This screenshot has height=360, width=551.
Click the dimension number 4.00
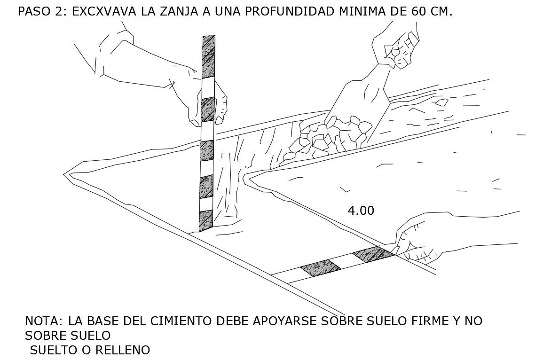tap(361, 211)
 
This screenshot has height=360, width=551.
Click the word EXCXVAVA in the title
tap(104, 12)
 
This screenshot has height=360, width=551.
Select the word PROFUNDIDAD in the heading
tap(289, 12)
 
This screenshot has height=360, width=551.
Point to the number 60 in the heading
tap(418, 12)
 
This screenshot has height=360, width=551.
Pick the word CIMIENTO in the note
tap(181, 321)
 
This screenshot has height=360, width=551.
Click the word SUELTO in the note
tap(55, 350)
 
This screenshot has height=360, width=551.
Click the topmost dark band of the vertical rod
tap(208, 57)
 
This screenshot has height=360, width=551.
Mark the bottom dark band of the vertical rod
tap(206, 221)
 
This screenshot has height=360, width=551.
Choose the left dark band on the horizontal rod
tap(320, 268)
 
